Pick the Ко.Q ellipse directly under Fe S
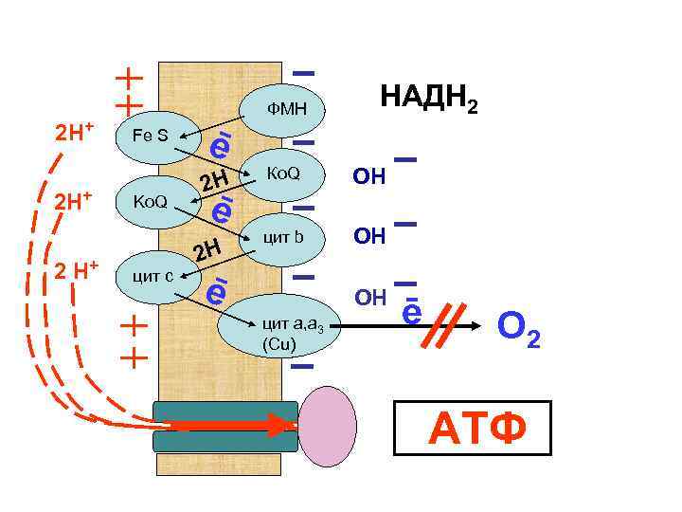click(152, 202)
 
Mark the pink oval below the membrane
click(328, 426)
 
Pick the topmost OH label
click(368, 176)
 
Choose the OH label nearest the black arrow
click(369, 298)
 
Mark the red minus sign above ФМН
click(304, 72)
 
